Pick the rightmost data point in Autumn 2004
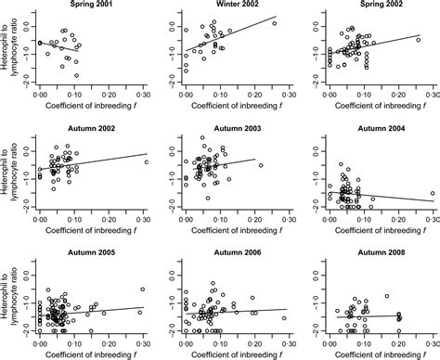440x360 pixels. click(x=432, y=194)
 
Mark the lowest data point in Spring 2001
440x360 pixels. click(x=76, y=75)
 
